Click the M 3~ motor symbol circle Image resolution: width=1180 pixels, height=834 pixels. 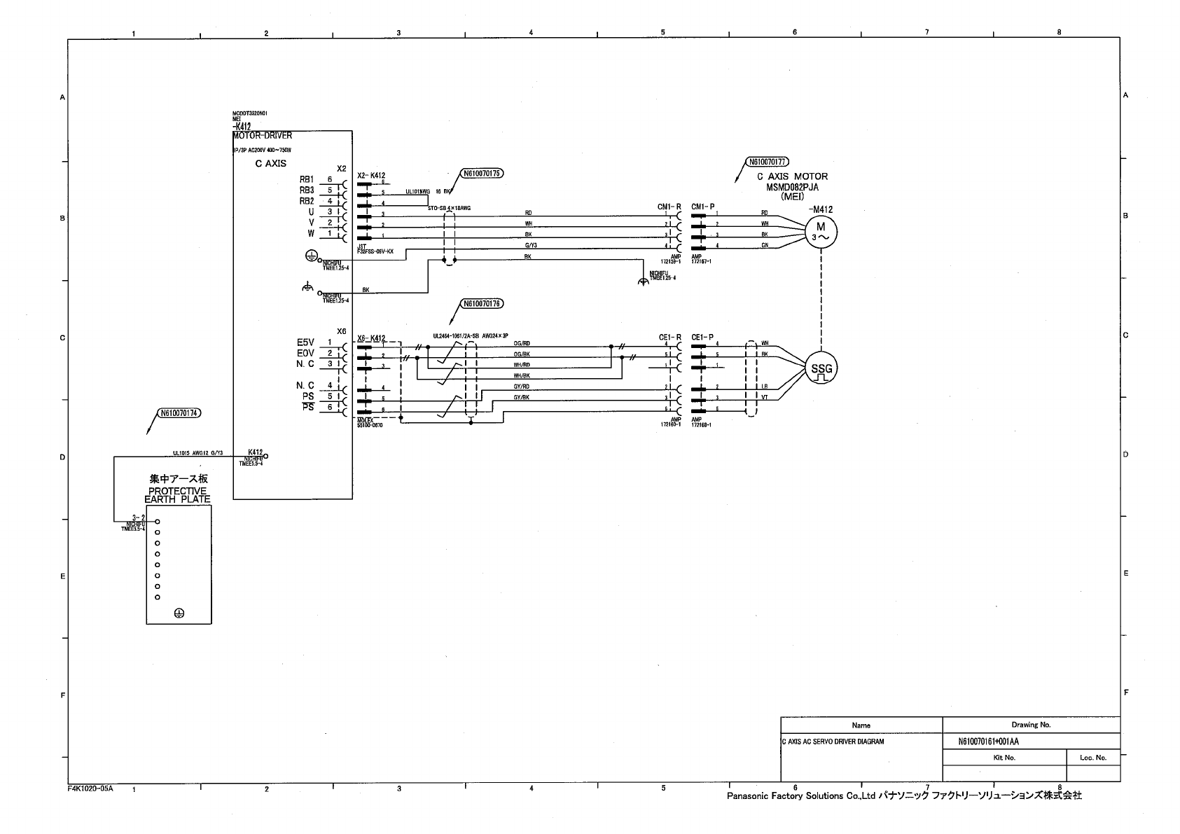[x=821, y=231]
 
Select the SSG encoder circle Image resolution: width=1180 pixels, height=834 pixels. [x=821, y=369]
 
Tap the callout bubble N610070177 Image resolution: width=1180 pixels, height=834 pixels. [x=769, y=162]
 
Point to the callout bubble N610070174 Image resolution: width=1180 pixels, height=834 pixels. [x=180, y=413]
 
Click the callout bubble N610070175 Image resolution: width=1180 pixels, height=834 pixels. [x=482, y=173]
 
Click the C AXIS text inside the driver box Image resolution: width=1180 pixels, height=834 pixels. [x=270, y=164]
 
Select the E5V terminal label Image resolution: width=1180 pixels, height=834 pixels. [x=305, y=342]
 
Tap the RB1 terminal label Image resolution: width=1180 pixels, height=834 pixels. [x=306, y=180]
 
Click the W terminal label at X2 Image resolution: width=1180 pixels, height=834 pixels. [x=310, y=233]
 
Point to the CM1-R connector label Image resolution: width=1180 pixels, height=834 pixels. [x=669, y=207]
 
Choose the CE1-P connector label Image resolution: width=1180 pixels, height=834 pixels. [x=702, y=338]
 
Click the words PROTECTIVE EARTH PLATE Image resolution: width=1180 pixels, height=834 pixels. [x=178, y=496]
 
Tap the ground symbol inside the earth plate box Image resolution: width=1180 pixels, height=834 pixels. [x=179, y=613]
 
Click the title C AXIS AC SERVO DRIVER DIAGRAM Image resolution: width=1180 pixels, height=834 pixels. [x=833, y=742]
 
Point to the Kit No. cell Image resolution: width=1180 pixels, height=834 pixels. [x=1004, y=758]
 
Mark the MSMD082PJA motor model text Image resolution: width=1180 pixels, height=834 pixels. [x=792, y=187]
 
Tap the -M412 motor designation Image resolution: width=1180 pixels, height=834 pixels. [x=820, y=209]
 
